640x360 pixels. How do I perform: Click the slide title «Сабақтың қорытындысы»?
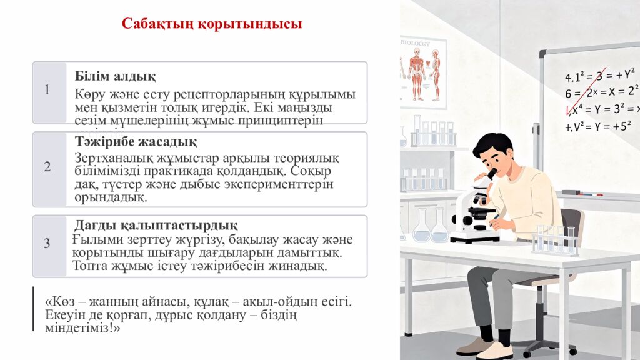tap(212, 24)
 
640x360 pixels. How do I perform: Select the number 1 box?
tap(47, 90)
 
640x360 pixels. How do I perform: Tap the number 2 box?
tap(47, 167)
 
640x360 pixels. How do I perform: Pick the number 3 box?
tap(47, 244)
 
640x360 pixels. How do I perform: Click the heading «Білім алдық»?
tap(115, 76)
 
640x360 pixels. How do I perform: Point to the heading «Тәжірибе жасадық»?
tap(136, 142)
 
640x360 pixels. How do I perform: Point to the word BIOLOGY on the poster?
tap(416, 44)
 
